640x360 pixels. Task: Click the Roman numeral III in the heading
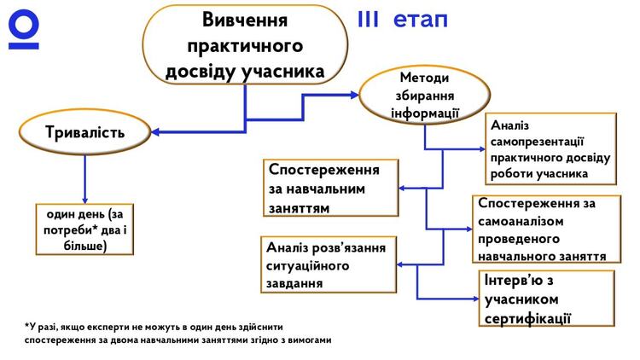coord(375,20)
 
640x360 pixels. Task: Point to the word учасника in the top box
coord(285,71)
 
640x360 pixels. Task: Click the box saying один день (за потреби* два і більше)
coord(84,229)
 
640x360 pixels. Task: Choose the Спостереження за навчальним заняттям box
coord(331,188)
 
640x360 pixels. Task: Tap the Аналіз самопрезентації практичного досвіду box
coord(551,148)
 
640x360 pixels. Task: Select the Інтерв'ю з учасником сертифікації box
coord(547,299)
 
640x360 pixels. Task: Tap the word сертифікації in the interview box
coord(527,319)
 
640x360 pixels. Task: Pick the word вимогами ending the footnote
coord(306,340)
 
